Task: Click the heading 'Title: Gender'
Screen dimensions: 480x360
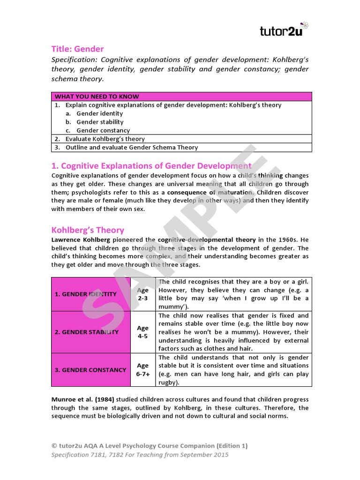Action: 77,49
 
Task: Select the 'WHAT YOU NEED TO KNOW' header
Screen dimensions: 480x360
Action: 97,97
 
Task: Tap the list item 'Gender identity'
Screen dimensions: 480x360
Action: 99,113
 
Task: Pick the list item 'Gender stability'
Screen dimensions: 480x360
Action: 100,122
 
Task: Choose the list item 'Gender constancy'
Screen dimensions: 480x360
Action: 103,130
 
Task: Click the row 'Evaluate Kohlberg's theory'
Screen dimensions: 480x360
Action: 105,139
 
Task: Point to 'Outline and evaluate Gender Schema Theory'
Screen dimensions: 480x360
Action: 131,147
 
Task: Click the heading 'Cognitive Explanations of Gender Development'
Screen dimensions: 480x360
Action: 151,166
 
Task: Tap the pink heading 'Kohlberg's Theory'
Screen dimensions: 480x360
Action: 88,230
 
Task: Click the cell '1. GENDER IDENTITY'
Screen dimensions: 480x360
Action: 86,294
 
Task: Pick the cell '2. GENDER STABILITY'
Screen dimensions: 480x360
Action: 87,332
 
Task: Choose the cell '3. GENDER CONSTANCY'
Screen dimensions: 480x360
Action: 90,370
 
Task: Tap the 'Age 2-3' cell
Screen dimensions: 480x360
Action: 142,294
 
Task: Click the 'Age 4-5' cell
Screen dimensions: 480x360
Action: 142,332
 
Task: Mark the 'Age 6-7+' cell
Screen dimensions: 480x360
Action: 142,370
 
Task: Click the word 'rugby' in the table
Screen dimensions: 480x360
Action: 169,382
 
